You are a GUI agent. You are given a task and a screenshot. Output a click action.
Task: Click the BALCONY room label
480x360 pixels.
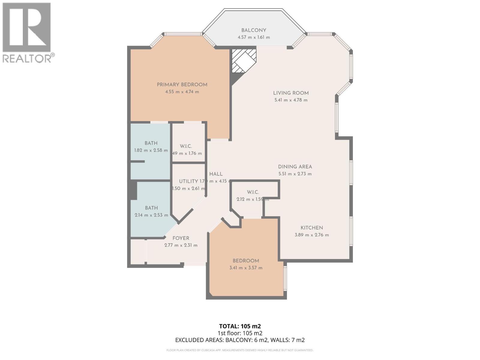[253, 30]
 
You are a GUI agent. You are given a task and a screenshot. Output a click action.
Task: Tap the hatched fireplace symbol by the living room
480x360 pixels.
[244, 61]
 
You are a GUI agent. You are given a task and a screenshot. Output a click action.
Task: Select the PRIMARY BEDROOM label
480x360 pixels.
[182, 85]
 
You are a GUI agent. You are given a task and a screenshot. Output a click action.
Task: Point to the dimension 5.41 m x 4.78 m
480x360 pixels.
[291, 100]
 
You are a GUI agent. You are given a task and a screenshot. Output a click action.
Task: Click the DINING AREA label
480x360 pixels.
[295, 167]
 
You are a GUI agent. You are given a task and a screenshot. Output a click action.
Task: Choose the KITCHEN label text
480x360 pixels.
[312, 228]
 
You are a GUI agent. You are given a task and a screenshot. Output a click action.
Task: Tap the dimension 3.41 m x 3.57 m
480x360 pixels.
[246, 268]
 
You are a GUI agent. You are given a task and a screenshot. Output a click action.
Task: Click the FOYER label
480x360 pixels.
[181, 238]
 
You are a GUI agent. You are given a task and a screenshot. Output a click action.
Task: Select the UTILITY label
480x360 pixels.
[188, 181]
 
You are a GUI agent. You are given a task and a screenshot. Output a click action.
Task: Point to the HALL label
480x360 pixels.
[216, 174]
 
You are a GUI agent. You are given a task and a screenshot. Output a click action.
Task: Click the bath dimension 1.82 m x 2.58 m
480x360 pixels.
[151, 150]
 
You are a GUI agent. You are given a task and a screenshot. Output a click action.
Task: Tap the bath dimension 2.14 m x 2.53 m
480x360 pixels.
[151, 215]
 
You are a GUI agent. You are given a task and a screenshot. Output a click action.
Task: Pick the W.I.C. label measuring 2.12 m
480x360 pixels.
[253, 192]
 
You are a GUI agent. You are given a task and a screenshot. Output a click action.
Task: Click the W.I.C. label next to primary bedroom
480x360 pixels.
[186, 146]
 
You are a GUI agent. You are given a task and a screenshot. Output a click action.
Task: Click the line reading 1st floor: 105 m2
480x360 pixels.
[240, 333]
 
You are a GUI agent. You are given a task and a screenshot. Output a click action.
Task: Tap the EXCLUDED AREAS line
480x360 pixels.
[240, 340]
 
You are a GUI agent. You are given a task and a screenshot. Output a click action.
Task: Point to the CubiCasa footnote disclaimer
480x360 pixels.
[240, 350]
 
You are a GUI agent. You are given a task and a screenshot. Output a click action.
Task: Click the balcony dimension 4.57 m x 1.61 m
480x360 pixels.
[253, 37]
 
